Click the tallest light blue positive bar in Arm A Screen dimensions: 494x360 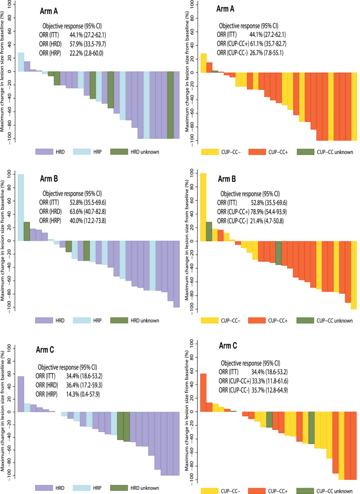20,61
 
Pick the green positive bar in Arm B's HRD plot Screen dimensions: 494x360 27,231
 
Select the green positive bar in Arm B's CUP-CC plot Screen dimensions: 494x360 209,231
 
